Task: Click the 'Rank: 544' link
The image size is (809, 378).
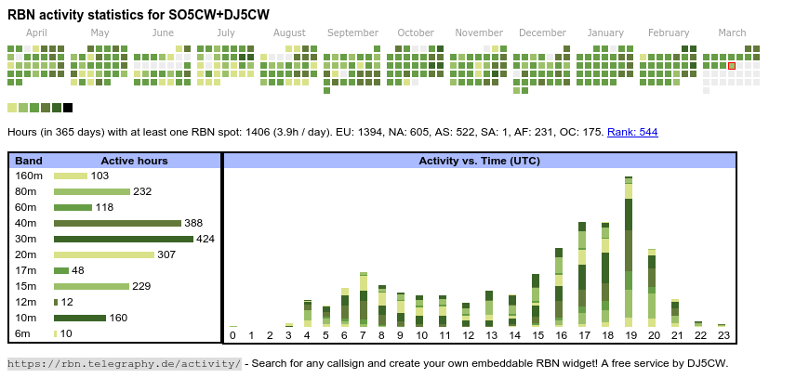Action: pyautogui.click(x=632, y=132)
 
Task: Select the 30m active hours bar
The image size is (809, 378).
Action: pyautogui.click(x=124, y=239)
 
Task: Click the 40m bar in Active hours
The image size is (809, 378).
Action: pyautogui.click(x=117, y=223)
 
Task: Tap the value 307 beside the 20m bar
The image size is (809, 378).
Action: pyautogui.click(x=166, y=254)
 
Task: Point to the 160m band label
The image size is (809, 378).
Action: pyautogui.click(x=29, y=176)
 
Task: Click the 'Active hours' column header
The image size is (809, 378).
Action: pyautogui.click(x=134, y=161)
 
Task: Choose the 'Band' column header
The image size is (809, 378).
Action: pyautogui.click(x=29, y=161)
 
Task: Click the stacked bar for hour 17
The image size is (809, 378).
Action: pyautogui.click(x=582, y=274)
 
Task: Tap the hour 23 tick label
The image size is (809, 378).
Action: pyautogui.click(x=723, y=335)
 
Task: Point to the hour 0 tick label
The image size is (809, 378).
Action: pyautogui.click(x=232, y=335)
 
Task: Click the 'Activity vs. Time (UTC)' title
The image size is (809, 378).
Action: pyautogui.click(x=479, y=161)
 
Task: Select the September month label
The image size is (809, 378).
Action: pyautogui.click(x=352, y=33)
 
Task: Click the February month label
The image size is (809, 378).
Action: pyautogui.click(x=669, y=33)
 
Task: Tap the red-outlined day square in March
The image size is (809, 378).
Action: pyautogui.click(x=732, y=66)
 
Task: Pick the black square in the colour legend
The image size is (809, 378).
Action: pyautogui.click(x=68, y=108)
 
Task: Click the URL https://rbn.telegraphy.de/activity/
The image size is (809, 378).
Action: pyautogui.click(x=124, y=363)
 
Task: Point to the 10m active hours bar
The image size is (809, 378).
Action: pyautogui.click(x=79, y=318)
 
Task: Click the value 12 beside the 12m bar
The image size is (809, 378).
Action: pyautogui.click(x=67, y=302)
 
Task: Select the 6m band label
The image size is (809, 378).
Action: pyautogui.click(x=23, y=333)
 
